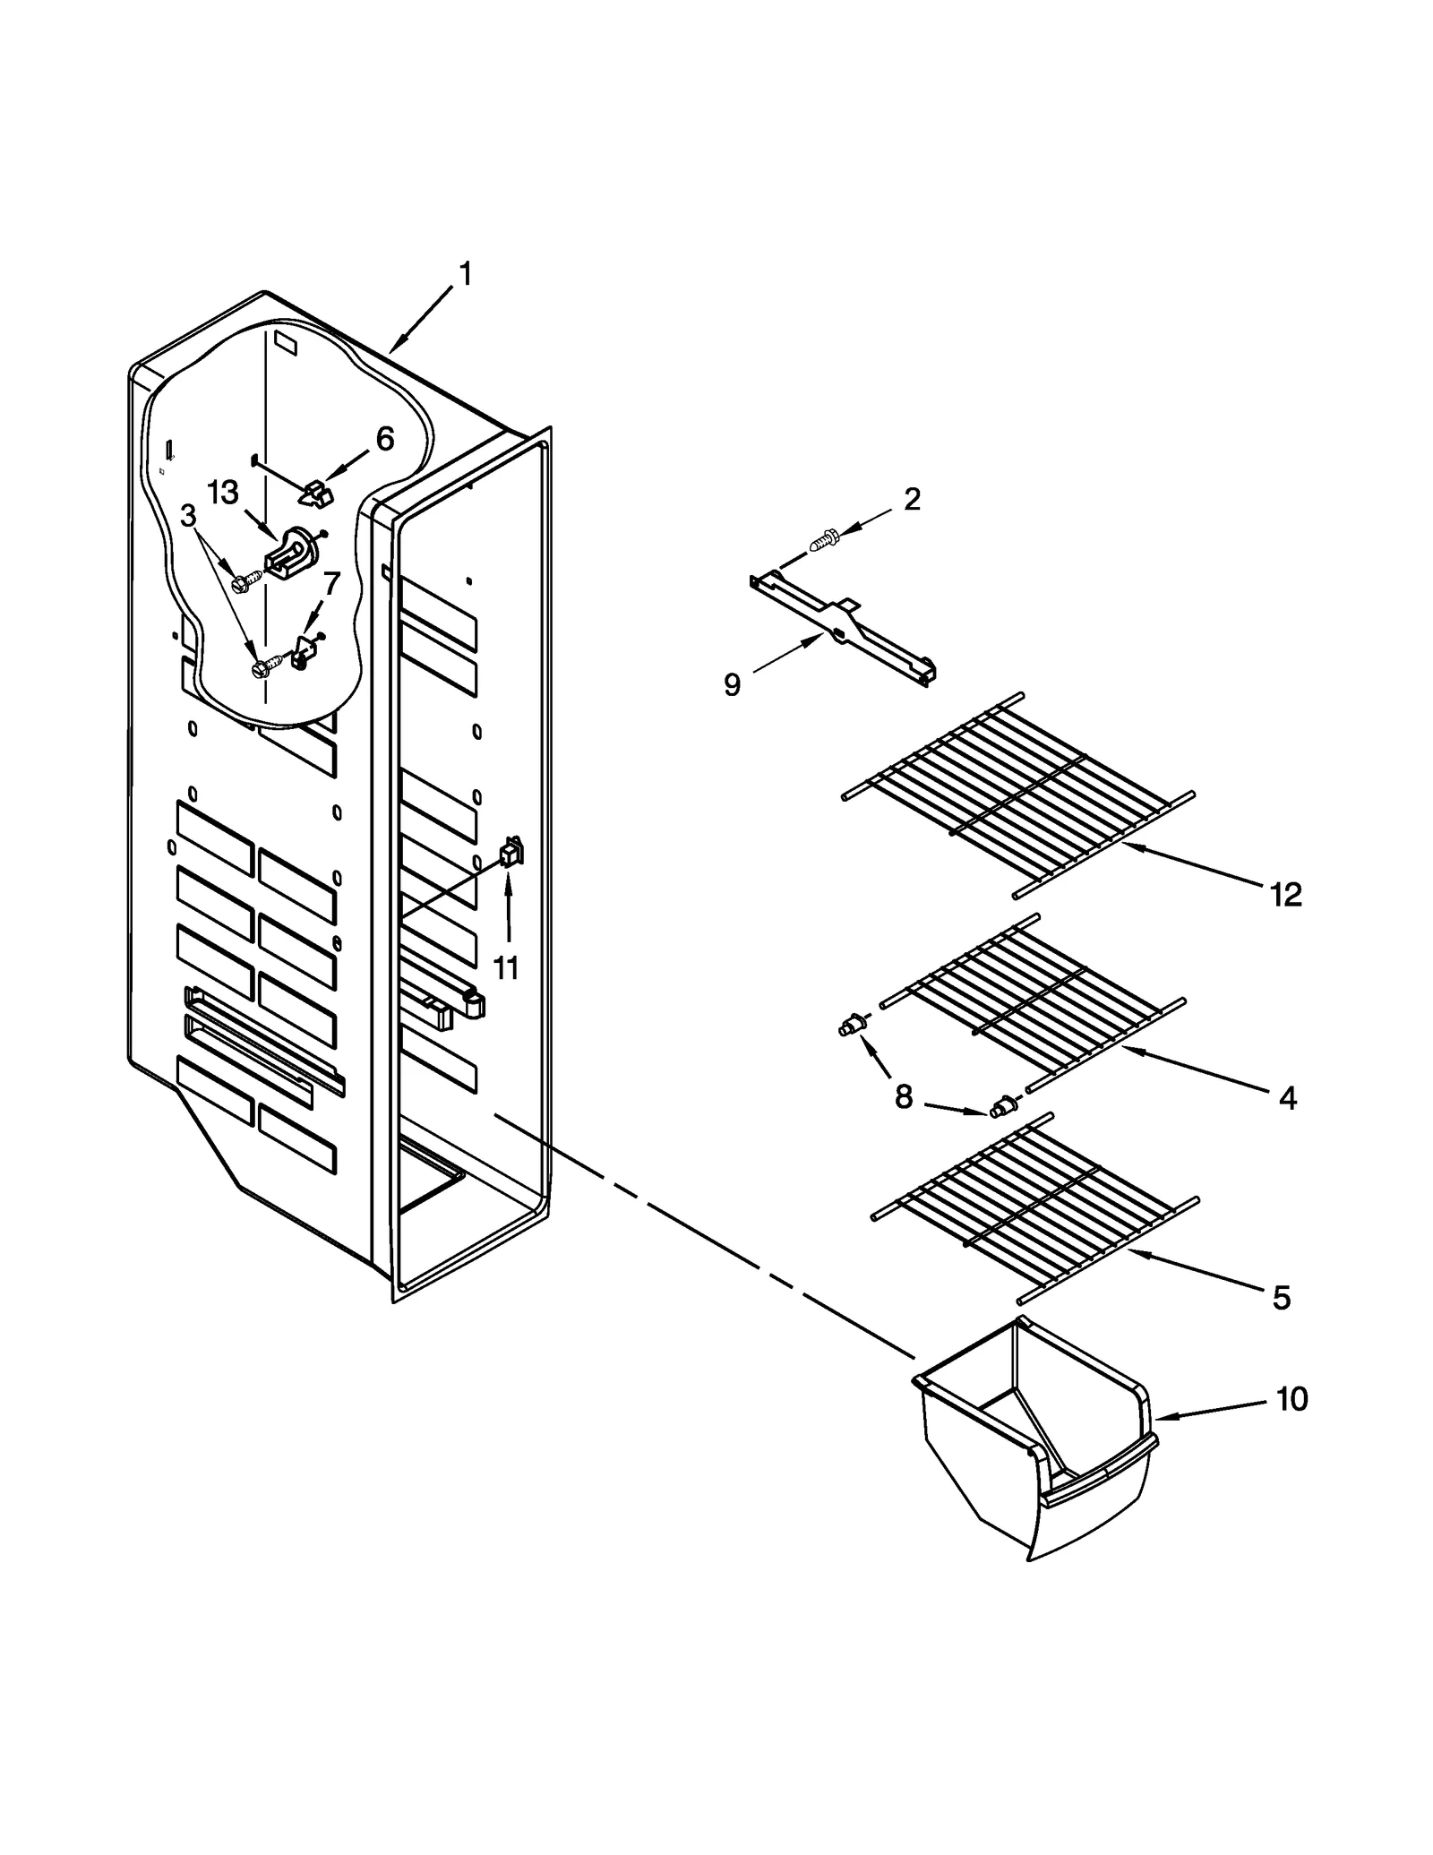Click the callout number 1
click(x=465, y=274)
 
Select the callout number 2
click(x=912, y=500)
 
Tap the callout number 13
click(x=223, y=493)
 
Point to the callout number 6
click(x=384, y=439)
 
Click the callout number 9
click(x=732, y=685)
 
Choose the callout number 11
click(x=506, y=967)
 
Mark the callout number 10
click(x=1291, y=1398)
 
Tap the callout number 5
click(x=1282, y=1297)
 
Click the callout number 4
click(x=1287, y=1097)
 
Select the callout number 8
click(x=903, y=1095)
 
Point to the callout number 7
click(x=331, y=584)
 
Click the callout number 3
click(x=188, y=516)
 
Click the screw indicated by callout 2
click(x=824, y=540)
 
